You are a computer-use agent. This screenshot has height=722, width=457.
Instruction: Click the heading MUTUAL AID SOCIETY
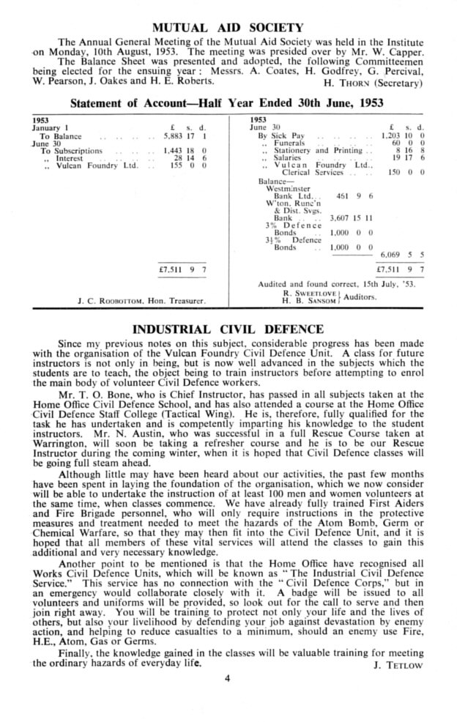pyautogui.click(x=227, y=28)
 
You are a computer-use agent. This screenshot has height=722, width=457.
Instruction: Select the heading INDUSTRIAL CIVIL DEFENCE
pyautogui.click(x=228, y=330)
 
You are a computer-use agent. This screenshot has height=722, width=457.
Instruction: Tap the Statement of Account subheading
pyautogui.click(x=227, y=103)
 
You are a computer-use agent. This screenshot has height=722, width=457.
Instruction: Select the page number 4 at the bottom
pyautogui.click(x=228, y=678)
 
